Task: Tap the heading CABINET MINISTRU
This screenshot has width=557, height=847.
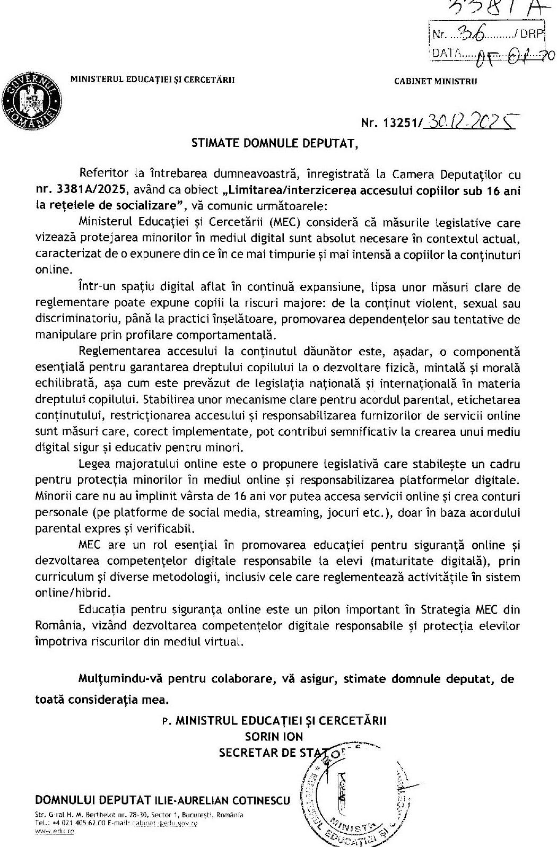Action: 436,81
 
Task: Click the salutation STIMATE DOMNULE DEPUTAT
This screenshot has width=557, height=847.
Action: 271,143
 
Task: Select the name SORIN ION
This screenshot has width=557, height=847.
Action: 274,736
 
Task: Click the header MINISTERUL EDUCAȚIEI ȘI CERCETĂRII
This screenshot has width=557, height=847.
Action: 152,80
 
